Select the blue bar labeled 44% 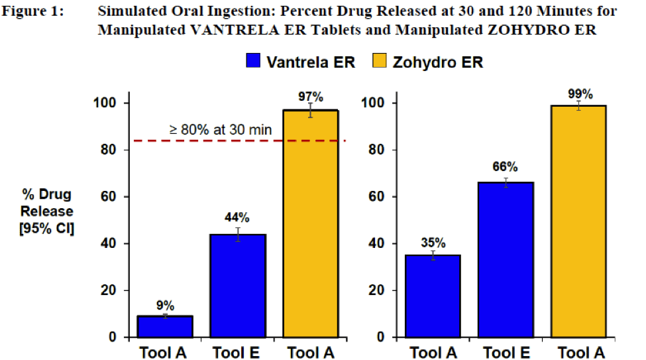(238, 286)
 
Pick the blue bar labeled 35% (433, 296)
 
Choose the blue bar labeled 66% (506, 260)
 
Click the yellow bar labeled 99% (578, 221)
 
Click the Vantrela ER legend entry (301, 62)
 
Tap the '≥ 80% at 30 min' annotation (220, 130)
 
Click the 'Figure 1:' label (35, 11)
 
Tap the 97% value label (310, 97)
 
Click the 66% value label (506, 167)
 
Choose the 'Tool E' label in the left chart (238, 351)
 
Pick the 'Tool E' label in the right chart (506, 351)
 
